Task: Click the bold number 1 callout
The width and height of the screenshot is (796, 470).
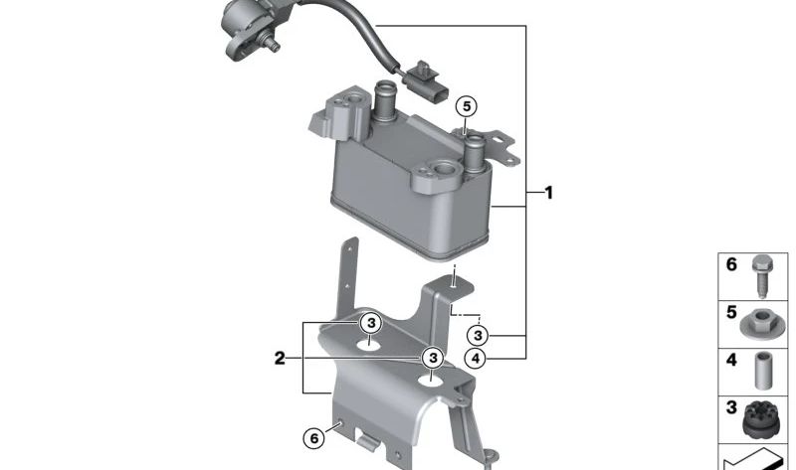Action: point(547,193)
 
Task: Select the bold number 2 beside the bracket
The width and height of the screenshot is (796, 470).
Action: point(281,357)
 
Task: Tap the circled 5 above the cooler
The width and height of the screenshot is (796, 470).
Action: point(466,105)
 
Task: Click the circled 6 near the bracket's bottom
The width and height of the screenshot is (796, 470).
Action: point(313,436)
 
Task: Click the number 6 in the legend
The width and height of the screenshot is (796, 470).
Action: point(731,265)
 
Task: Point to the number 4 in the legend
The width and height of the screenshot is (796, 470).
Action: point(731,360)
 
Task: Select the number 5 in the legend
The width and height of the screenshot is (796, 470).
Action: point(731,313)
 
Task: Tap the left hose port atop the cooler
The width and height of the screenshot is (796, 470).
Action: point(385,102)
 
